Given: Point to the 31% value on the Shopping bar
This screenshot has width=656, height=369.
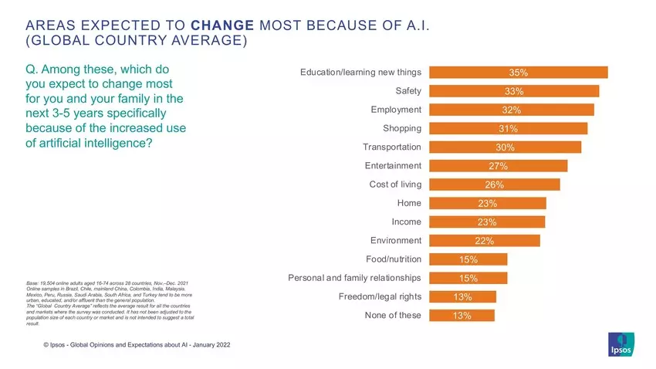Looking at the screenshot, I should click(x=508, y=129).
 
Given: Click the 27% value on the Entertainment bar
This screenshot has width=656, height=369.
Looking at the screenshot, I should click(x=498, y=166).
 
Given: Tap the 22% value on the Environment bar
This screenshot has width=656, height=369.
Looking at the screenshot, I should click(x=485, y=241).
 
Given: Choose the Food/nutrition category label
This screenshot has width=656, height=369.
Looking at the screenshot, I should click(x=393, y=259).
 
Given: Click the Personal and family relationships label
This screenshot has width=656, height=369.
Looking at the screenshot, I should click(x=354, y=277).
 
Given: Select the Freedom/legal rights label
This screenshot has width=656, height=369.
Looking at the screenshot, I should click(x=380, y=296).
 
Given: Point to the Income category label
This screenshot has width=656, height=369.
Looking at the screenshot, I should click(x=406, y=222).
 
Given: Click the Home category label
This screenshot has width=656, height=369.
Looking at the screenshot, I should click(x=409, y=203).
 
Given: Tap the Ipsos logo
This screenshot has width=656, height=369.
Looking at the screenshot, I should click(x=620, y=344).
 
